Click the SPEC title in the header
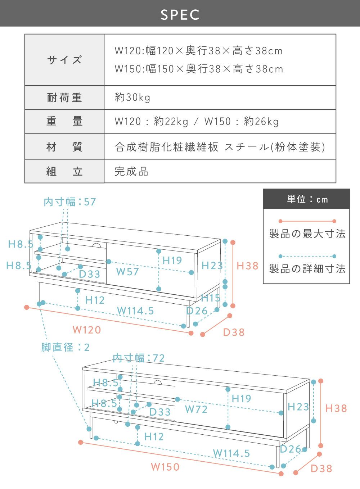click(180, 15)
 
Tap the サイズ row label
click(64, 60)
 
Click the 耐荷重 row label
click(64, 98)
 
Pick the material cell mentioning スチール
click(220, 147)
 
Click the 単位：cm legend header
click(307, 199)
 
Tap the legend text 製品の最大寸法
click(307, 234)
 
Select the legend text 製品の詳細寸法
click(307, 268)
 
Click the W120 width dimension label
click(87, 330)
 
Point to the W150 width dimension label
click(165, 467)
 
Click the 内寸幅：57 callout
click(70, 202)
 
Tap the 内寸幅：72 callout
click(139, 358)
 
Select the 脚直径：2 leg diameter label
click(66, 347)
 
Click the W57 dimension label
click(127, 272)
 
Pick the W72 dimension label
click(196, 409)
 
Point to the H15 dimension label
click(211, 298)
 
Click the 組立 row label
click(64, 171)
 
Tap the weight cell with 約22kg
click(197, 121)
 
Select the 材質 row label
click(64, 147)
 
